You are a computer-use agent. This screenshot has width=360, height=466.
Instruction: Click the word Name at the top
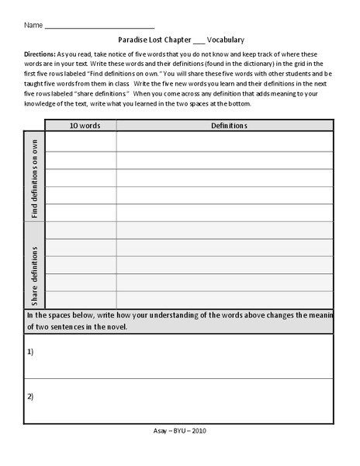pos(33,26)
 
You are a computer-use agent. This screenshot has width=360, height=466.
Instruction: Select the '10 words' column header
pos(81,125)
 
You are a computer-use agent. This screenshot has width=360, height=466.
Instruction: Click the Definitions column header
pos(225,125)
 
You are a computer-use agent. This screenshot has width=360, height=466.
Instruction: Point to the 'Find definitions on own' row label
pos(35,176)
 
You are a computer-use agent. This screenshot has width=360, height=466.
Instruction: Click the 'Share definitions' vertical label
pos(35,266)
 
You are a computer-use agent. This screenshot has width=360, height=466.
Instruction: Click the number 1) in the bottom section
pos(31,351)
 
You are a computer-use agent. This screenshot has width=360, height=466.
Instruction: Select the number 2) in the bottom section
pos(31,397)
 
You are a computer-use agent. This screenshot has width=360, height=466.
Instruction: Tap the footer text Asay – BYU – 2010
pos(179,430)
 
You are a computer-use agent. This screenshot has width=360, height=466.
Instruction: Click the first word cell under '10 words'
pos(81,141)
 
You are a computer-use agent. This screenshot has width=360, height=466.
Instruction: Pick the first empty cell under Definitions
pos(225,141)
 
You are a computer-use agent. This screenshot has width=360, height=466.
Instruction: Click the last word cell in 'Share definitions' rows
pos(81,300)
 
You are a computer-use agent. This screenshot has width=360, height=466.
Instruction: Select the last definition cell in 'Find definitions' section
pos(225,213)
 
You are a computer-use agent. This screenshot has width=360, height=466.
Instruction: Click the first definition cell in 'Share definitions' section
pos(225,231)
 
